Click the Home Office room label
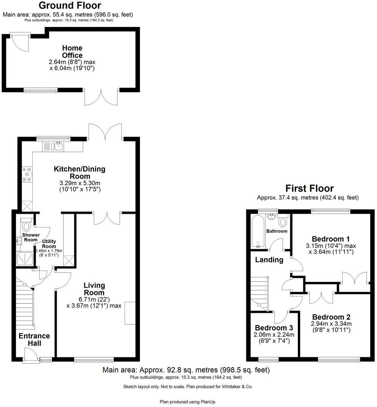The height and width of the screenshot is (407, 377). point(72,52)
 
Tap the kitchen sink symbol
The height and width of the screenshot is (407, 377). point(58,146)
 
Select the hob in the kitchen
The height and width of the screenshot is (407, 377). point(27,174)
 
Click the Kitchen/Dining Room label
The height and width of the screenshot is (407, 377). point(79,172)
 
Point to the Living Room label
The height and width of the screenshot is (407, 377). point(94,289)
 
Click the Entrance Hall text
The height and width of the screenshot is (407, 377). point(34,339)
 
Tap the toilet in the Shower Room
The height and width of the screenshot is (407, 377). point(26,226)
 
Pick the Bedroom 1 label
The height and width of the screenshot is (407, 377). point(331,239)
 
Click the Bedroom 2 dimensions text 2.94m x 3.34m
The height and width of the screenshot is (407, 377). point(331,324)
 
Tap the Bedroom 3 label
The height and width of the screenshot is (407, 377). point(274,328)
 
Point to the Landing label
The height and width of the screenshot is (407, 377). point(269,260)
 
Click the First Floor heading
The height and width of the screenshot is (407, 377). point(309,188)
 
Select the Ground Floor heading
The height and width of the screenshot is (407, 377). point(70,5)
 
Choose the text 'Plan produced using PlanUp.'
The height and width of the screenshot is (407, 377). point(188,401)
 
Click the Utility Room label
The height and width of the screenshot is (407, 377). point(49,244)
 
